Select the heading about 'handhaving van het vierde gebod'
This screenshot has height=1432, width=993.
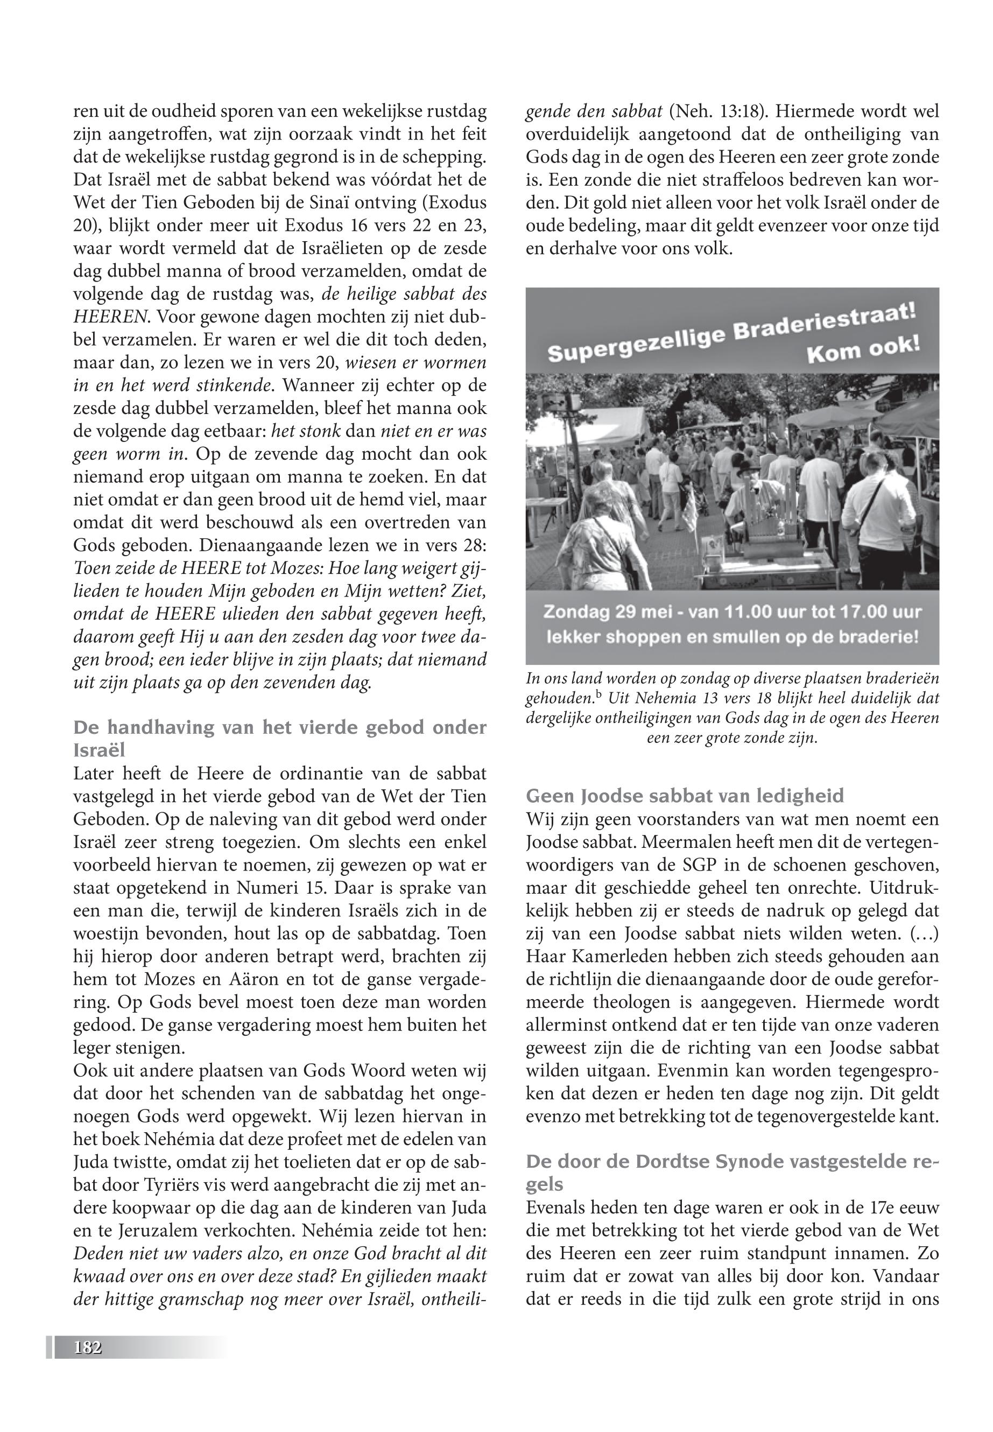[x=279, y=727]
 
